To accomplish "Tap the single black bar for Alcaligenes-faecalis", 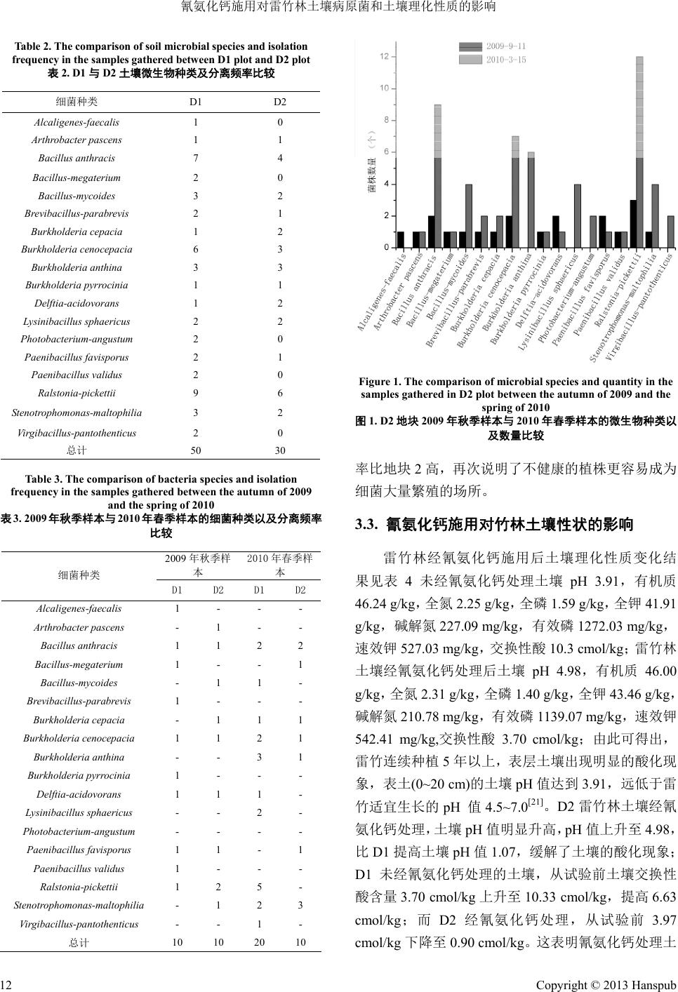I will coord(401,239).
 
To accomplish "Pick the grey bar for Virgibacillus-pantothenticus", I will coord(670,232).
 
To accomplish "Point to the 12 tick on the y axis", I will coord(384,56).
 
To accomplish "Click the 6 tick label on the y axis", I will coord(385,152).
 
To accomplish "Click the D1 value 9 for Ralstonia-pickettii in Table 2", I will coord(196,394).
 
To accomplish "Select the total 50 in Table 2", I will coord(196,450).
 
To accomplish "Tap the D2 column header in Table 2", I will coord(280,102).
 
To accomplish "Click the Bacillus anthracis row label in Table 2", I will coord(77,159).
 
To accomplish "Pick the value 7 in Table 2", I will coord(196,159).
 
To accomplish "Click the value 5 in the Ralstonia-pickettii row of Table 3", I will coord(260,887).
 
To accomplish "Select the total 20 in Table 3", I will coord(260,942).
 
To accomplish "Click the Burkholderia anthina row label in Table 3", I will coord(79,757).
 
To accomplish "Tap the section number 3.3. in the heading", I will coord(368,524).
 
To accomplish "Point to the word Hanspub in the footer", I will coord(655,986).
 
